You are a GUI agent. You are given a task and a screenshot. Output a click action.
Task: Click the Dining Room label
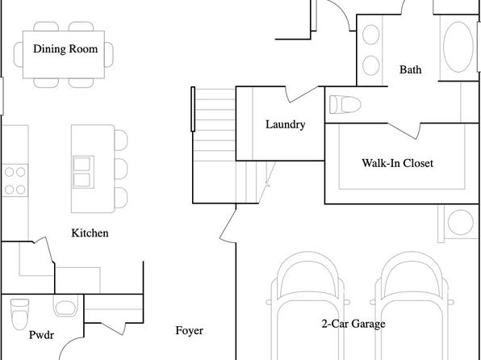[65, 49]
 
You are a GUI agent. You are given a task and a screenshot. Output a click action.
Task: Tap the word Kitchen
[90, 233]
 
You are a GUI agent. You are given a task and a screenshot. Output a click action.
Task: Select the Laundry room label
[285, 124]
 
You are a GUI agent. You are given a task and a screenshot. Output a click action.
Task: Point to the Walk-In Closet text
[397, 163]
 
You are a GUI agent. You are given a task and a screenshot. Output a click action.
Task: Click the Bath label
[411, 69]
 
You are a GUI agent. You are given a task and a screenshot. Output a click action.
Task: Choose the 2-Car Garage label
[353, 324]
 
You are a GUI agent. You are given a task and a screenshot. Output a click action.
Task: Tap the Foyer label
[190, 330]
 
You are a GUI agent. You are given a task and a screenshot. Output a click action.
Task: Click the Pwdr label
[41, 335]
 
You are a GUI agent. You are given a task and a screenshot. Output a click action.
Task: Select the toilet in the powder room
[19, 314]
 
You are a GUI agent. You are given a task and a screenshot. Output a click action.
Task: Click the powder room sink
[65, 306]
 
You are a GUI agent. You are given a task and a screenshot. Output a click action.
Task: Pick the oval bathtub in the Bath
[458, 47]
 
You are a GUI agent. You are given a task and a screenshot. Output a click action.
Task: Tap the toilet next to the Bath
[345, 104]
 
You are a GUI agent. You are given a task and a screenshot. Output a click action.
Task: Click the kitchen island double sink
[83, 172]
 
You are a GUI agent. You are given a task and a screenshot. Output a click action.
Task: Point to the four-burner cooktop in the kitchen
[15, 181]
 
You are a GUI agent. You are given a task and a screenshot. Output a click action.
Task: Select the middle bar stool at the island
[121, 169]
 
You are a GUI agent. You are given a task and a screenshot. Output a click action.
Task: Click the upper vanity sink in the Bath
[371, 35]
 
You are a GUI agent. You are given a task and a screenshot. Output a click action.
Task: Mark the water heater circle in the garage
[461, 222]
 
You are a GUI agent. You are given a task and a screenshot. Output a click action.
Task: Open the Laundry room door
[302, 94]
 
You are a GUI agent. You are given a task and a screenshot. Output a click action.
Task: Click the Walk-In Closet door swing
[404, 131]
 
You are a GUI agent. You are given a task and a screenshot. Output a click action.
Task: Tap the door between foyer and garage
[228, 223]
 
